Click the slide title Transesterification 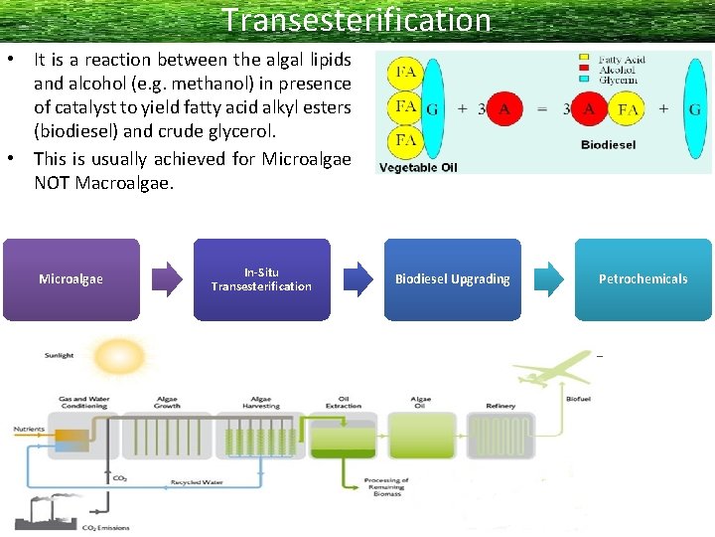tap(357, 20)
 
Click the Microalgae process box tap(71, 279)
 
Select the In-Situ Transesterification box tap(261, 279)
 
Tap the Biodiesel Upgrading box tap(452, 279)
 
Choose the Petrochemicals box tap(643, 279)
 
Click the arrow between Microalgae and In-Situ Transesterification tap(166, 279)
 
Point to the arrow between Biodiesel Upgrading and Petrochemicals tap(547, 279)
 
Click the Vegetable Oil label tap(418, 167)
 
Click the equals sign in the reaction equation tap(542, 109)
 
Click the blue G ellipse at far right tap(694, 109)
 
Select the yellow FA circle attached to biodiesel tap(628, 109)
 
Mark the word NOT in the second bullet tap(53, 183)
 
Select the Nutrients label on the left tap(29, 430)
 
